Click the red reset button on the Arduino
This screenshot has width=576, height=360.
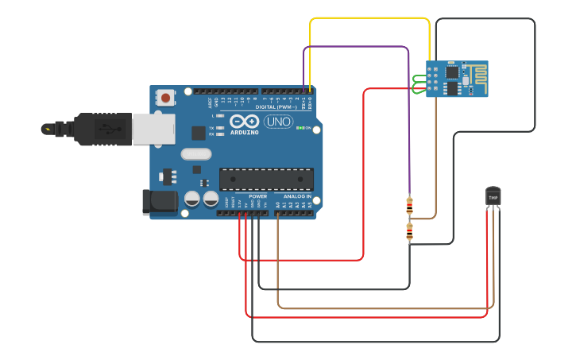pyautogui.click(x=165, y=98)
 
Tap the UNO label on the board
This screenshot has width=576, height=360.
pyautogui.click(x=278, y=122)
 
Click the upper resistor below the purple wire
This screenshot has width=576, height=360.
pyautogui.click(x=409, y=206)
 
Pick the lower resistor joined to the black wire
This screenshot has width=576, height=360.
pyautogui.click(x=409, y=231)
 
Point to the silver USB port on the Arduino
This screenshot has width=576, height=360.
pyautogui.click(x=153, y=129)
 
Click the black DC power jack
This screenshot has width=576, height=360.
pyautogui.click(x=160, y=202)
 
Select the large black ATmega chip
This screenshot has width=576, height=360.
pyautogui.click(x=266, y=180)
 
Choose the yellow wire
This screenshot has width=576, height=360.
pyautogui.click(x=369, y=19)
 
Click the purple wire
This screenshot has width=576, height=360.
pyautogui.click(x=358, y=47)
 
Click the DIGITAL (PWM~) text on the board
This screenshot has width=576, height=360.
pyautogui.click(x=276, y=106)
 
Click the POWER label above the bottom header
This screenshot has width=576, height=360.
pyautogui.click(x=257, y=195)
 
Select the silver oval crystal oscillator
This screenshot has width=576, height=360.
pyautogui.click(x=196, y=154)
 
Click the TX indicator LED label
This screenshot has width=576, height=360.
pyautogui.click(x=211, y=128)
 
